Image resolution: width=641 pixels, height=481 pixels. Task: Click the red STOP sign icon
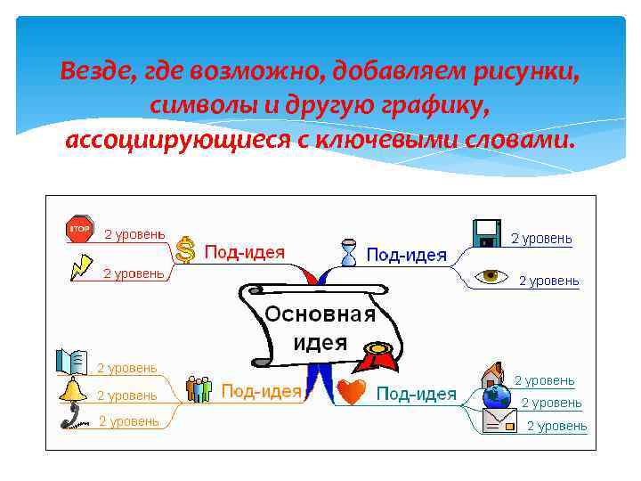point(80,229)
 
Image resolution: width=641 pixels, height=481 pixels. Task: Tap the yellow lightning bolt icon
point(81,266)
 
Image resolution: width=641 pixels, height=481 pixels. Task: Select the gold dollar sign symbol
point(185,249)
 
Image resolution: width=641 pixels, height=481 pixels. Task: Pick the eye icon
point(490,276)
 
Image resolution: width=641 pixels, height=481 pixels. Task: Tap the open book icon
point(72,361)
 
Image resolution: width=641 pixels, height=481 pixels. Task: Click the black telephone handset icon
point(71,416)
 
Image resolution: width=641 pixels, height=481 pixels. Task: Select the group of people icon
point(198,389)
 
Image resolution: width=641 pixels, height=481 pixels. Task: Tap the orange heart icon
point(352,392)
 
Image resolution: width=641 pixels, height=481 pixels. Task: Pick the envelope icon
point(499,420)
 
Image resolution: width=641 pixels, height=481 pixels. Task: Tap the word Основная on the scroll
point(320,314)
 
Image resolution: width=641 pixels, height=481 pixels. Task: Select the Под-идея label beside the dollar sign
point(245,252)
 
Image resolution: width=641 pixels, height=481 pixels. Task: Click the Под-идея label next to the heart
point(416,394)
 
